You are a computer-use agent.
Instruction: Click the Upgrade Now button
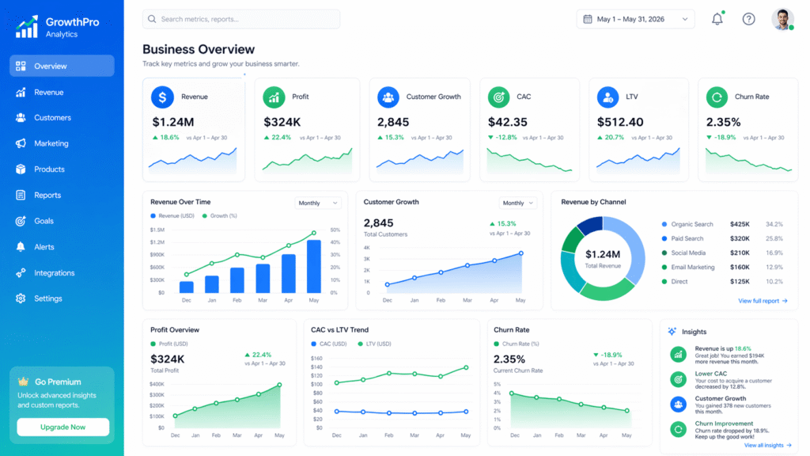63,427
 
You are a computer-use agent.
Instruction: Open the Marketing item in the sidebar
51,143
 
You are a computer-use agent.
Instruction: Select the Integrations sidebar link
54,272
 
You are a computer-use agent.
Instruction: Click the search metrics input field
241,19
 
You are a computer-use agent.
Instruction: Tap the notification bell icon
717,19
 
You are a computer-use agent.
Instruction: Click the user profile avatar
782,19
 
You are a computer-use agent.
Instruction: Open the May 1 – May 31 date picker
635,19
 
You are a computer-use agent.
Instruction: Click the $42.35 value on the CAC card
507,122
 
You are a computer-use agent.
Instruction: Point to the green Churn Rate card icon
718,97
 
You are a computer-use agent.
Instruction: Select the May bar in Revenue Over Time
313,266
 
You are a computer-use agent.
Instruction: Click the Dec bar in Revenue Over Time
187,287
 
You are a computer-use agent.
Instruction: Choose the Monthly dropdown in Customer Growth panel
518,203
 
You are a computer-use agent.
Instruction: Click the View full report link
763,301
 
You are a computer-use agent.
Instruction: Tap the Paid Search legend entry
687,238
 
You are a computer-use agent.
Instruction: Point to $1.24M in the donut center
602,254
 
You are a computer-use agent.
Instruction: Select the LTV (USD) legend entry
378,344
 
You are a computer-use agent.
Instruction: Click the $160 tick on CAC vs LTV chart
317,359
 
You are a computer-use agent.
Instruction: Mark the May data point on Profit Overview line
279,386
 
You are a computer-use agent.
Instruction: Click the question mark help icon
748,19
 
